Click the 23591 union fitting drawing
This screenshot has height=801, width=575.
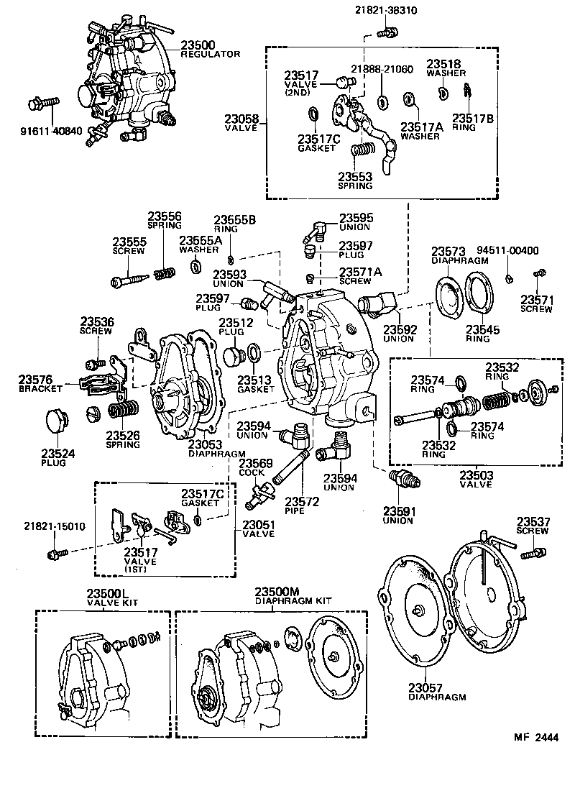(x=403, y=478)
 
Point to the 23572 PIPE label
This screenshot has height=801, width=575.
(x=300, y=505)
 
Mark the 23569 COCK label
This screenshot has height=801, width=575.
(x=254, y=467)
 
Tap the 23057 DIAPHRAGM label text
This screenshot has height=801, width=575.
(x=437, y=692)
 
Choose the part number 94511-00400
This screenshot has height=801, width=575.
(x=515, y=251)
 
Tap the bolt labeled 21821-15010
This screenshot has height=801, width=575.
(x=55, y=554)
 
